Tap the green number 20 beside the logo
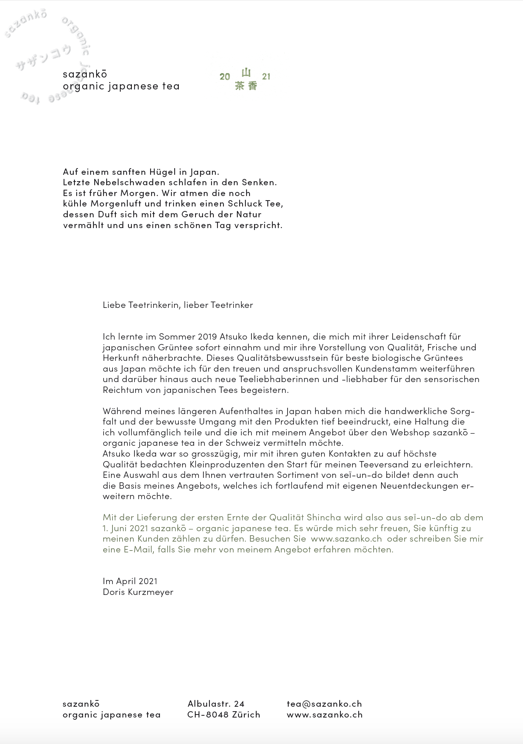click(225, 77)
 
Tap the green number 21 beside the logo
click(266, 76)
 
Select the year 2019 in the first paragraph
click(207, 337)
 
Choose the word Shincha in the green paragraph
click(324, 518)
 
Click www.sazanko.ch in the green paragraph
click(346, 539)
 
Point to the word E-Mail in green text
click(138, 550)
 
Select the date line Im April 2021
click(130, 581)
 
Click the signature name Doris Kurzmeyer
click(138, 592)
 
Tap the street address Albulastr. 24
click(216, 704)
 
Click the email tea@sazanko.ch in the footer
click(324, 704)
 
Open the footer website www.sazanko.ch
click(324, 715)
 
